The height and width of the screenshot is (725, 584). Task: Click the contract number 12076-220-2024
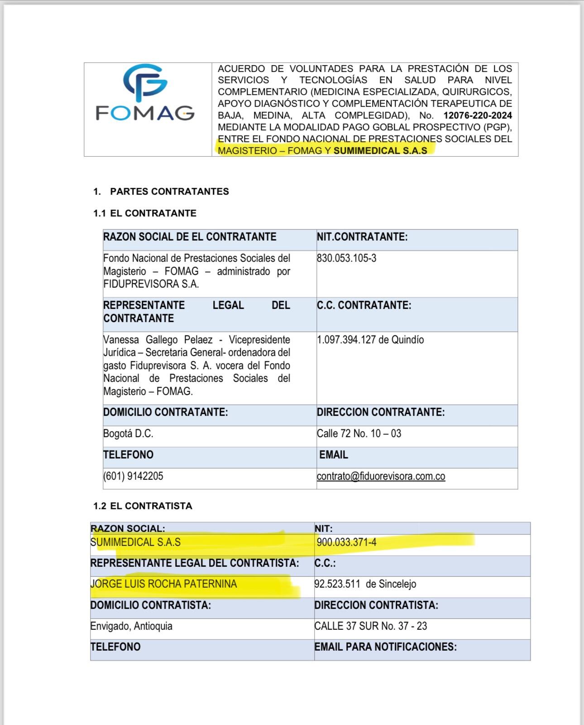(478, 116)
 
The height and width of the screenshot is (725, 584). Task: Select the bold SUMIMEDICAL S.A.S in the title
(380, 151)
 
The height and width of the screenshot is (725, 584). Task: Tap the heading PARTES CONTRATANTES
(169, 192)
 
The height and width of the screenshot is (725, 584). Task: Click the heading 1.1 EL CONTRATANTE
(145, 213)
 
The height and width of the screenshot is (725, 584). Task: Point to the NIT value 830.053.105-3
(347, 258)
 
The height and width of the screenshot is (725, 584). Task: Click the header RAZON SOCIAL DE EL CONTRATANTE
(190, 237)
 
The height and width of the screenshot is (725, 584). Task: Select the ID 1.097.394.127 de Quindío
(370, 340)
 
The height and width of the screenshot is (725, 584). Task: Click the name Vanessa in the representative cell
(121, 340)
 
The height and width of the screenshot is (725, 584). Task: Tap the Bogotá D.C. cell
(128, 434)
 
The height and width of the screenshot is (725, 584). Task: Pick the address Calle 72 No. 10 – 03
(359, 434)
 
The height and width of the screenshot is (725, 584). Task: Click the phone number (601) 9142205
(133, 476)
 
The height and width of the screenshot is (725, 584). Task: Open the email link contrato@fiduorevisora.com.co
(381, 477)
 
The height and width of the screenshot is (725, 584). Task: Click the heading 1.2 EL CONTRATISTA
(143, 506)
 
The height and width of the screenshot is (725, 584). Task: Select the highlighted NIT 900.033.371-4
(347, 542)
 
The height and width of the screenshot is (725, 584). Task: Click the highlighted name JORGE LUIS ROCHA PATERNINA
(163, 584)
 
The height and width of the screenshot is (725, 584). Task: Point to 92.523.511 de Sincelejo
(365, 584)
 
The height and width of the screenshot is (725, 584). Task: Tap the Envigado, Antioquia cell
(131, 626)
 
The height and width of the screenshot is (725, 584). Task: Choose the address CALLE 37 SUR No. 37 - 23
(371, 626)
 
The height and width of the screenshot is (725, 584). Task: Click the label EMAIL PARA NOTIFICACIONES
(385, 647)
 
